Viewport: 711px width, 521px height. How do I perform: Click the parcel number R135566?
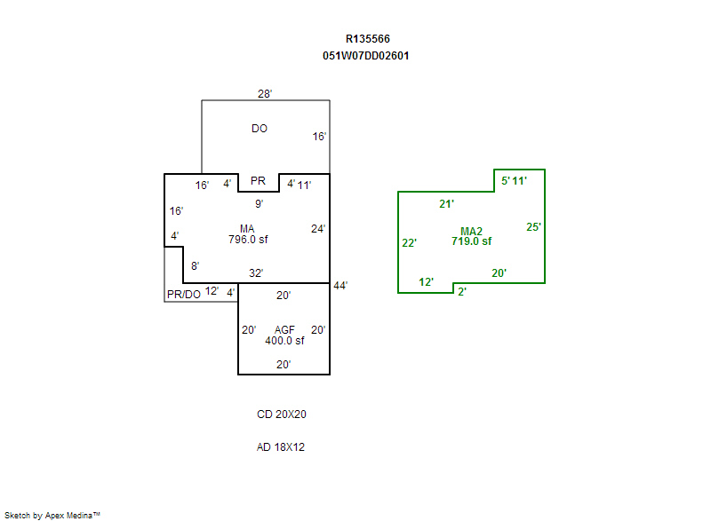click(x=367, y=39)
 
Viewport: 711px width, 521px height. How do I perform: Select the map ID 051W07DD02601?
click(x=366, y=55)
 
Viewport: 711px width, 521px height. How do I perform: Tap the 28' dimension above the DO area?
click(x=265, y=93)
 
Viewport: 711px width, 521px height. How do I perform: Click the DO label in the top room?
click(x=260, y=129)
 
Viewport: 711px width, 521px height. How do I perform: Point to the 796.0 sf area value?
click(x=248, y=240)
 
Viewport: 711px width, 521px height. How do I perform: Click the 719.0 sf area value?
click(x=471, y=241)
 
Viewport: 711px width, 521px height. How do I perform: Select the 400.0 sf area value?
click(x=284, y=341)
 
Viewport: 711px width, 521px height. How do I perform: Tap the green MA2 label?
click(x=471, y=231)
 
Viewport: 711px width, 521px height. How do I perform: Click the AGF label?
click(x=284, y=330)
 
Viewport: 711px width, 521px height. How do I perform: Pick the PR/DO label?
click(x=184, y=294)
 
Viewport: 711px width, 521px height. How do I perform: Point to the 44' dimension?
click(x=340, y=286)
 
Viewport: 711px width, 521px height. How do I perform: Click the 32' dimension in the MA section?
click(x=256, y=272)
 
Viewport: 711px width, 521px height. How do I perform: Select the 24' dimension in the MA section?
click(x=318, y=229)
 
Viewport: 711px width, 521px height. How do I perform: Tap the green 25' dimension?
click(x=534, y=227)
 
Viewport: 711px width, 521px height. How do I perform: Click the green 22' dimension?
click(x=410, y=243)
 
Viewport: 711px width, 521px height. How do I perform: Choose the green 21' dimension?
click(x=447, y=204)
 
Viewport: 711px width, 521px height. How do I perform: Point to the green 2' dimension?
click(x=462, y=291)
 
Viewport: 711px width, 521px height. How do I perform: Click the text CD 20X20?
click(x=282, y=414)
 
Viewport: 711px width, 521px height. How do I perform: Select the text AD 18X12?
click(x=281, y=447)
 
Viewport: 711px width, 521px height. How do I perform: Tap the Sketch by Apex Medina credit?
click(x=52, y=515)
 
